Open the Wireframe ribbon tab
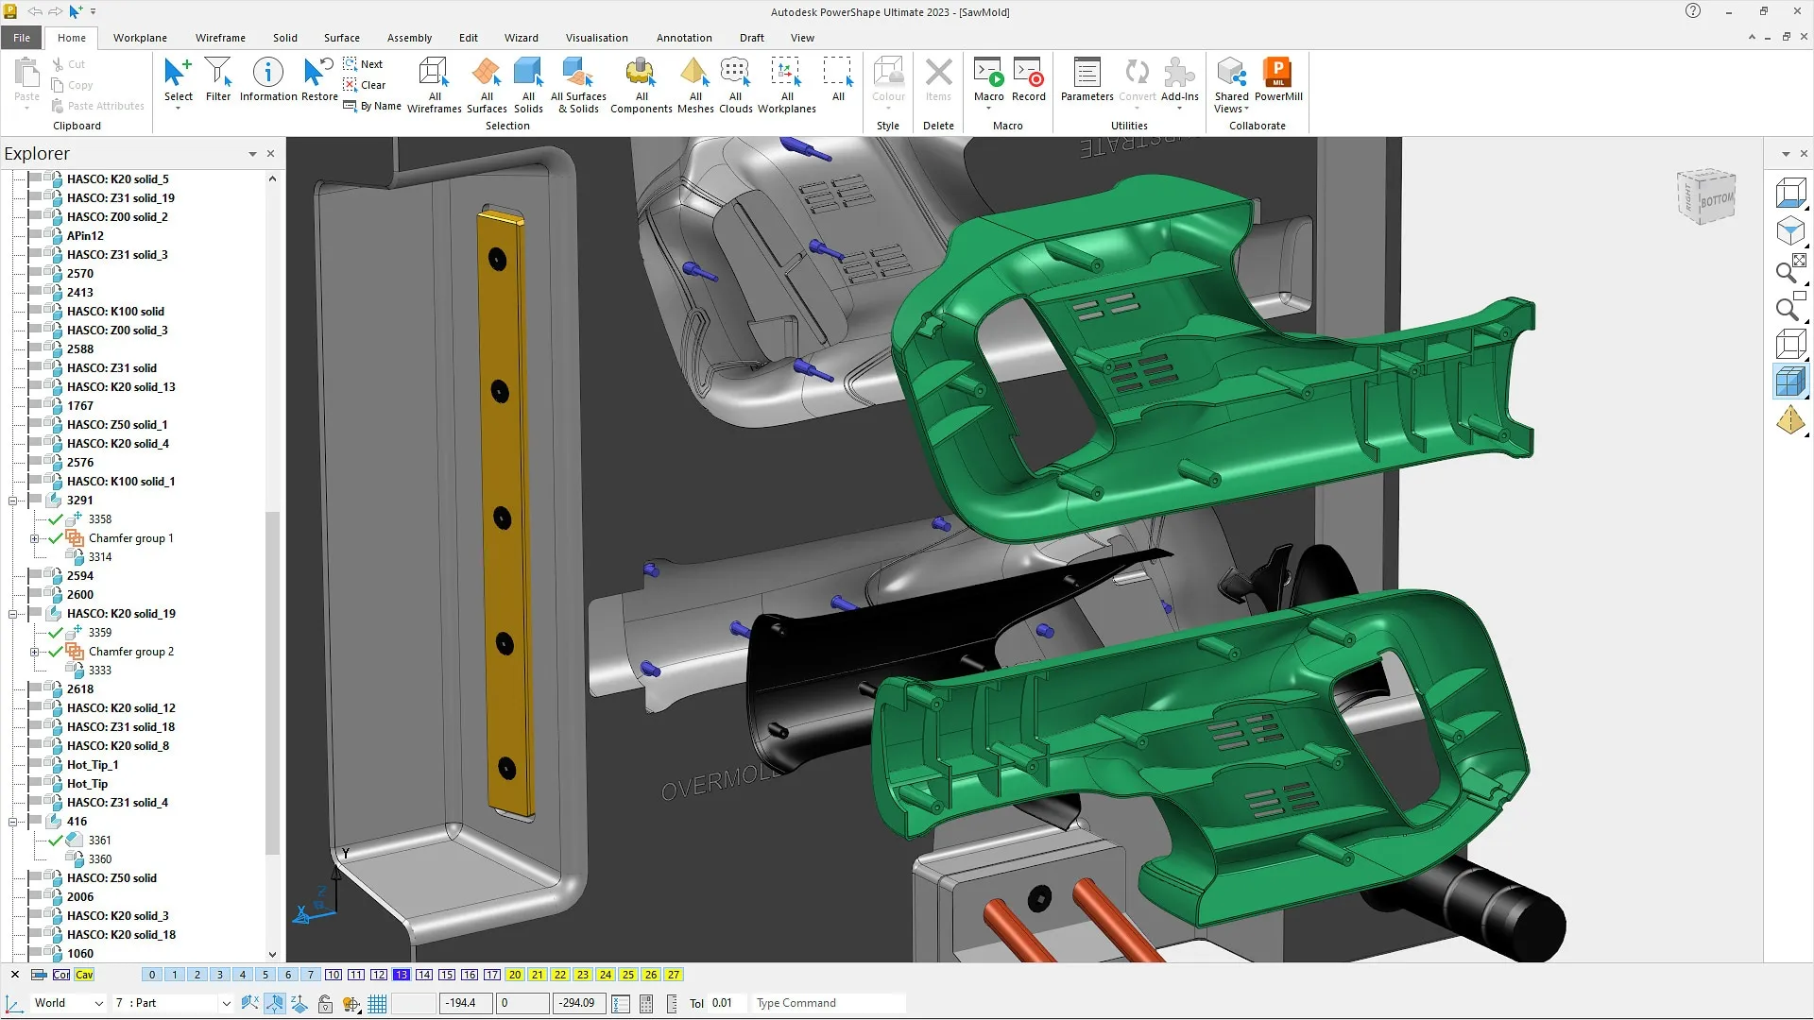[x=220, y=38]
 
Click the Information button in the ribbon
[x=268, y=79]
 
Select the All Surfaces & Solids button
[x=578, y=83]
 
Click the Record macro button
[x=1028, y=79]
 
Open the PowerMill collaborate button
[x=1277, y=79]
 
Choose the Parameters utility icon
[x=1087, y=79]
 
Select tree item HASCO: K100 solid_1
[x=121, y=482]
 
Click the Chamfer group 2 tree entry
[x=131, y=652]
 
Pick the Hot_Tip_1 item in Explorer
[x=93, y=765]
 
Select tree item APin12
[x=85, y=236]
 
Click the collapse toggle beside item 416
[x=13, y=822]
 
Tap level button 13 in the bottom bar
[x=402, y=975]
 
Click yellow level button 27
[x=674, y=975]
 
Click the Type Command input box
[x=827, y=1003]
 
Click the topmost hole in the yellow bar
[x=497, y=260]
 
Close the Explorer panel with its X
[x=270, y=153]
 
